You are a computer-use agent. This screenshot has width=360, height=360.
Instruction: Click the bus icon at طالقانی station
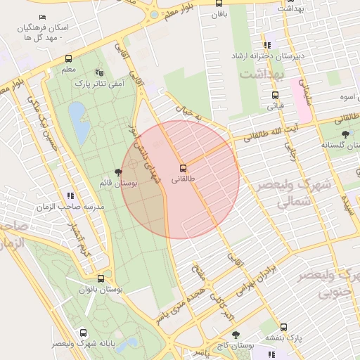tap(183, 168)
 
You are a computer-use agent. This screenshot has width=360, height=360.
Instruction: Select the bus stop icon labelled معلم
tap(68, 59)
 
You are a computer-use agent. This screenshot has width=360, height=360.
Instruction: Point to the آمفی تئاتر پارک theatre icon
tap(98, 72)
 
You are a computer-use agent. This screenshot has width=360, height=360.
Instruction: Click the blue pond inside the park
tap(78, 122)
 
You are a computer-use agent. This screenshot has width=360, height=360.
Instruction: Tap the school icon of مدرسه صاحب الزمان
tap(70, 197)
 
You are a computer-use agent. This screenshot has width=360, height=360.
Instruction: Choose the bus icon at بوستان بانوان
tap(101, 278)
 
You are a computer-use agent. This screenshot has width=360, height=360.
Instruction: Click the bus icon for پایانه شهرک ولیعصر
tap(84, 333)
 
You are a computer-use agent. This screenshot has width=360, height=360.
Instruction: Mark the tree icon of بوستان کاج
tap(235, 335)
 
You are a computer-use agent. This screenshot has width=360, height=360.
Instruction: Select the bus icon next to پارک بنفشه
tap(283, 327)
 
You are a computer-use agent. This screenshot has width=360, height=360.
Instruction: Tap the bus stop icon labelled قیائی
tap(275, 96)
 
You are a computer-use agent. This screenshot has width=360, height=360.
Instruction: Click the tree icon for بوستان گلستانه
tap(345, 134)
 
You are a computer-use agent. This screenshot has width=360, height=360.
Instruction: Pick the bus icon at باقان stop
tap(219, 4)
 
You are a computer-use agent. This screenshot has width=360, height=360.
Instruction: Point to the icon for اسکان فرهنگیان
tap(43, 17)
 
